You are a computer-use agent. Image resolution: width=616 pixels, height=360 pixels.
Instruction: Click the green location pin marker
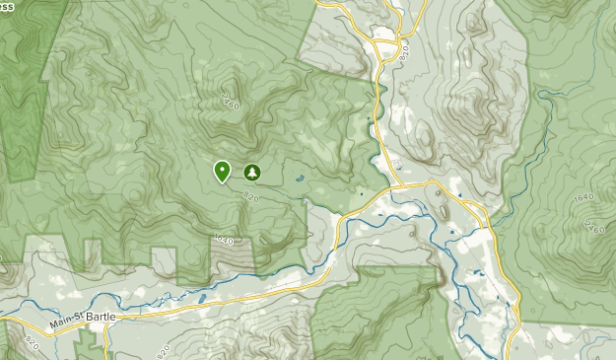(x=222, y=172)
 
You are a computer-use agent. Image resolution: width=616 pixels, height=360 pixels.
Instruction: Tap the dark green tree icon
(x=251, y=173)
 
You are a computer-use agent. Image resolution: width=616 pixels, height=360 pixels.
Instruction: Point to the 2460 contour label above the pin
(x=231, y=100)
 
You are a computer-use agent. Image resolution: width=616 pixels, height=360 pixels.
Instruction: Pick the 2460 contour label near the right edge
(x=593, y=227)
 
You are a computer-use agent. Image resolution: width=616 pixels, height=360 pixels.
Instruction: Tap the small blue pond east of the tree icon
(x=297, y=179)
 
